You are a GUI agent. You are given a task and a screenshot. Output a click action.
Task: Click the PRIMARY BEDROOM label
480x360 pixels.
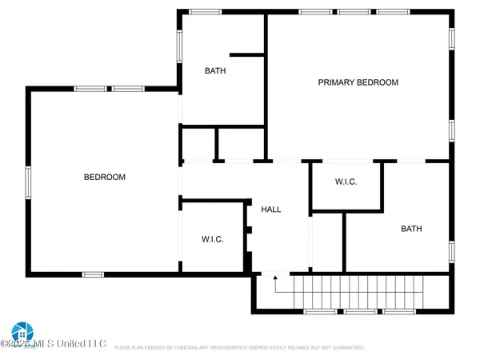[358, 82]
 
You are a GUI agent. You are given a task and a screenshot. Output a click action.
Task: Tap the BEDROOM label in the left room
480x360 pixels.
[105, 177]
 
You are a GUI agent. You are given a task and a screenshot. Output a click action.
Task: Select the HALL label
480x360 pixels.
[271, 210]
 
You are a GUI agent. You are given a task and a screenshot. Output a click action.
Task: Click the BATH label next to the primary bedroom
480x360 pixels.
[215, 70]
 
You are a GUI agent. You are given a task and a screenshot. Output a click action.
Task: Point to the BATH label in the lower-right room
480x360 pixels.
[411, 229]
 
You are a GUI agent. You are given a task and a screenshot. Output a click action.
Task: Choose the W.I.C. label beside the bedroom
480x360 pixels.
[212, 239]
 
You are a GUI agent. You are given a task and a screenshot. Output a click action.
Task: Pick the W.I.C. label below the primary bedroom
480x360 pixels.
[346, 182]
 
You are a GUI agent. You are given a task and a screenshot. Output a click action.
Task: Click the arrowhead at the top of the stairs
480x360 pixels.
[275, 278]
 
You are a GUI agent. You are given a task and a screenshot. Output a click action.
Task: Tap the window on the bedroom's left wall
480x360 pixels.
[28, 182]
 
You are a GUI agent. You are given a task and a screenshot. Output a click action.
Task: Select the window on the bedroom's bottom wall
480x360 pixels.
[93, 274]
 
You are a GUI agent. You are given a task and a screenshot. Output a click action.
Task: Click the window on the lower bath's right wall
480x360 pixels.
[452, 250]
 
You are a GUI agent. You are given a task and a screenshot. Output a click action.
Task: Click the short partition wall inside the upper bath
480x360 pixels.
[247, 55]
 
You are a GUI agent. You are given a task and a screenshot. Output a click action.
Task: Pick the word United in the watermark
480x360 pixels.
[75, 344]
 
